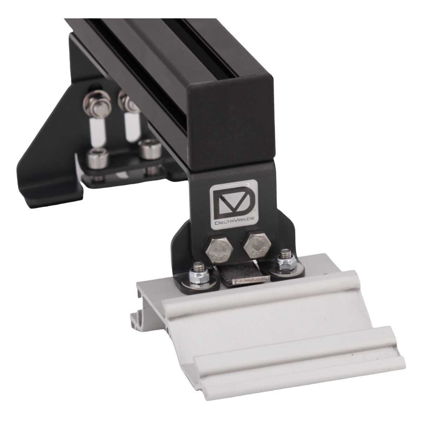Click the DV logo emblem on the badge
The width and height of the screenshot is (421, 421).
click(234, 200)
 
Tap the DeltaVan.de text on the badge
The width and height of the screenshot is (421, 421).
click(234, 221)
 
